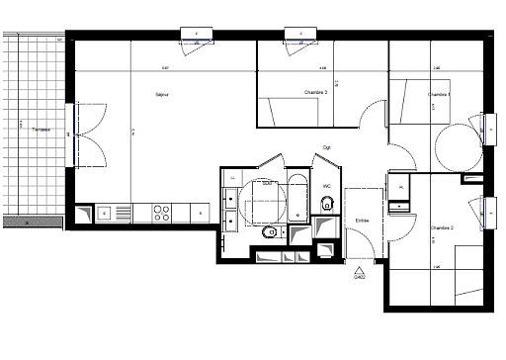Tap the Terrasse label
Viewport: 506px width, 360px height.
41,130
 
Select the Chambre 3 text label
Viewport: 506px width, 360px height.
316,92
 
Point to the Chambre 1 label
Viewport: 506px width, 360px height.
439,94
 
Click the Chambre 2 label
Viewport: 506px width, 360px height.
441,227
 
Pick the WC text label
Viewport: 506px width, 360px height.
326,185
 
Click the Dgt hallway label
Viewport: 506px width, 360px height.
326,148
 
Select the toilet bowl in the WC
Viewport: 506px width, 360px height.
327,204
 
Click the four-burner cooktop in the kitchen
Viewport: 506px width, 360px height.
161,212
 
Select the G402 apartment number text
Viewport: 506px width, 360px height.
359,278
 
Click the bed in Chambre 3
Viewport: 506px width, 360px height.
290,111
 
